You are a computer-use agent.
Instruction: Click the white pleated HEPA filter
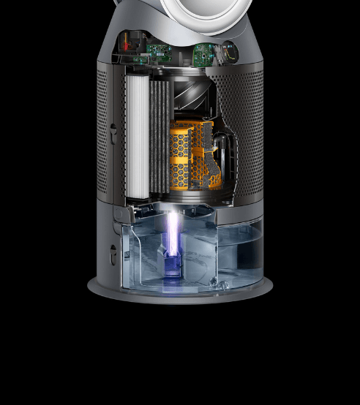[137, 135]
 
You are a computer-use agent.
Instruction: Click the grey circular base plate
[179, 289]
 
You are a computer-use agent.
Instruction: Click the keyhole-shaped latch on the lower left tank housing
[112, 253]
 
